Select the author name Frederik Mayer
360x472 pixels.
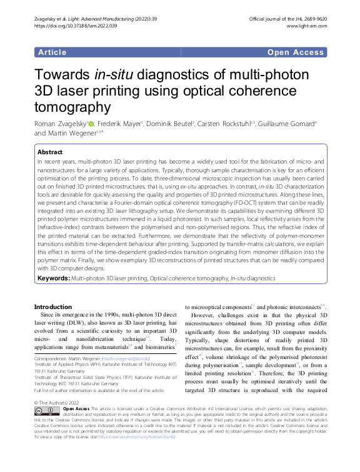coord(120,124)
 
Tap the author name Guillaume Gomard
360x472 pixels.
coord(287,124)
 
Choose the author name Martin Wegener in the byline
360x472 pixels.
coord(71,133)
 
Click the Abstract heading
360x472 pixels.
coord(51,152)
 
